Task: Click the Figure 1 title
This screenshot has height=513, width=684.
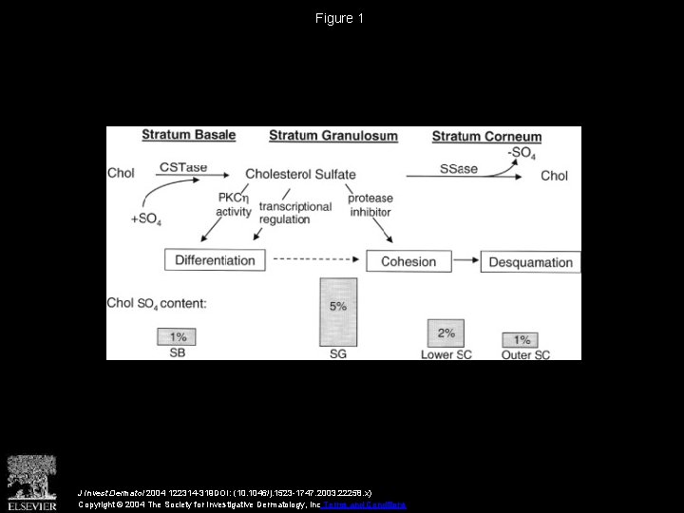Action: point(341,18)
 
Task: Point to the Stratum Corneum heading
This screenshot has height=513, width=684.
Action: point(486,137)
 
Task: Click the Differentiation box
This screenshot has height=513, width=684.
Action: point(215,260)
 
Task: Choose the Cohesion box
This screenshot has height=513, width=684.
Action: point(408,261)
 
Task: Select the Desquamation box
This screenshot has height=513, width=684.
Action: point(530,262)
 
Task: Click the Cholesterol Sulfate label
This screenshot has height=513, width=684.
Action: point(300,174)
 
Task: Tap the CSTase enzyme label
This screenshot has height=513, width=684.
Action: point(182,167)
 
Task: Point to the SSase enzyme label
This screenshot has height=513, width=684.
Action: point(459,168)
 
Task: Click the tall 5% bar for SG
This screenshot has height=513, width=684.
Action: point(337,312)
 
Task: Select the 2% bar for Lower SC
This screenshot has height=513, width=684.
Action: point(446,333)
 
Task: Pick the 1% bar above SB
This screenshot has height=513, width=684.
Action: point(178,337)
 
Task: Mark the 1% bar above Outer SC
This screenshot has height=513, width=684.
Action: point(522,340)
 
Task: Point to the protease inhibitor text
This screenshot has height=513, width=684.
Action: point(370,205)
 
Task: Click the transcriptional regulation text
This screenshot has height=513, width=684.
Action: point(294,213)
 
